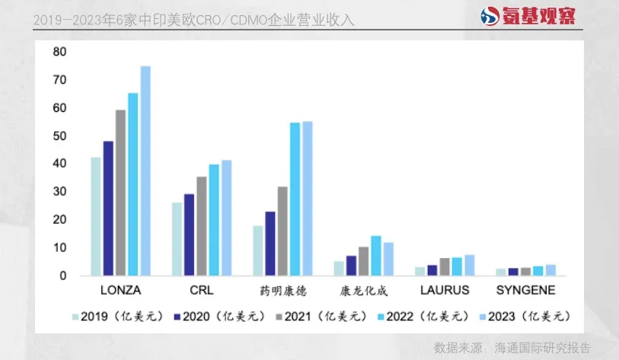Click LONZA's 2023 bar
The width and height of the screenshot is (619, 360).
point(145,170)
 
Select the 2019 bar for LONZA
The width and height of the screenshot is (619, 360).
point(96,216)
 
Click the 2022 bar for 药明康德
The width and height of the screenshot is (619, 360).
point(295,199)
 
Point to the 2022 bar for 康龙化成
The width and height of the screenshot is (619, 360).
point(376,256)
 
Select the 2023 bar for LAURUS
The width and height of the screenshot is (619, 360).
point(470,265)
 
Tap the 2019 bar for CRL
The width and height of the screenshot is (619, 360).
point(177,238)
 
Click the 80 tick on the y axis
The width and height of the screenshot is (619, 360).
point(59,52)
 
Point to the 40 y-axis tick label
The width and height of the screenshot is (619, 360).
point(59,164)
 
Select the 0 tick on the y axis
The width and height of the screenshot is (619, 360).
point(63,276)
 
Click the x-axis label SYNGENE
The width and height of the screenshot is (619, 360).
point(526,290)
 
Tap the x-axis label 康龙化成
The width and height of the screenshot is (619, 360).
point(364,290)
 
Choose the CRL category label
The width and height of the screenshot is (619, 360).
point(201,290)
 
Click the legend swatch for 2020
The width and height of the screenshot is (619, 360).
point(177,316)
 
